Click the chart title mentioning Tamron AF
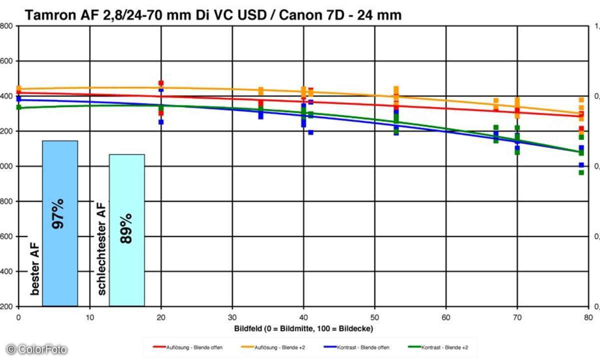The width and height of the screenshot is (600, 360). [213, 15]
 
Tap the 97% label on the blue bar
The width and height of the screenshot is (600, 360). [58, 213]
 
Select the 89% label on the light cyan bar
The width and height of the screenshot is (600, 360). [126, 228]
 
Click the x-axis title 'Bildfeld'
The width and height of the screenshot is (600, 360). [303, 328]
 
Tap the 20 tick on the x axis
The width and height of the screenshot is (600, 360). [161, 317]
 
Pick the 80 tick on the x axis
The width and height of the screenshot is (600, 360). [588, 317]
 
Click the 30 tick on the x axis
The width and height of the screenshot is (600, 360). [232, 317]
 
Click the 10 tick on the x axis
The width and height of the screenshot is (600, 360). [89, 317]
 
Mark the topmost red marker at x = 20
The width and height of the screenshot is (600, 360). [161, 83]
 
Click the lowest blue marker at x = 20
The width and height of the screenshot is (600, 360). [161, 122]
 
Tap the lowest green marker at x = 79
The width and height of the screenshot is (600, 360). [581, 172]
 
